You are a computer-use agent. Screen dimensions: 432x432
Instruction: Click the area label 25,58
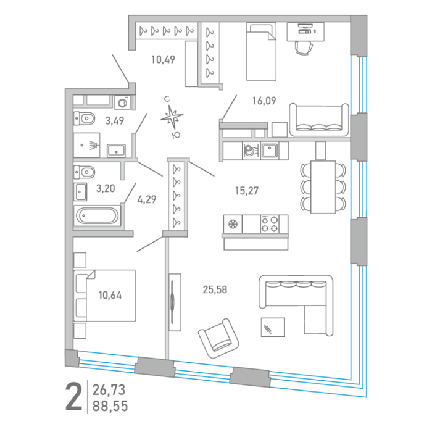[x=215, y=289]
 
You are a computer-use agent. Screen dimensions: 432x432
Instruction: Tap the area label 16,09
[x=264, y=101]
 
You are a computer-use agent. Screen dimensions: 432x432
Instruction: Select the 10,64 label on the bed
[x=110, y=295]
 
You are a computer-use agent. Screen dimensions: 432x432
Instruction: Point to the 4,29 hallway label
[x=147, y=199]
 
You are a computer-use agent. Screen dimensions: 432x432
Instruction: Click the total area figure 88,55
[x=110, y=406]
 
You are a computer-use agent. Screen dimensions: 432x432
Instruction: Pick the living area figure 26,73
[x=109, y=390]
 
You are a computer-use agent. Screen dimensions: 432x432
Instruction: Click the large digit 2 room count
[x=73, y=397]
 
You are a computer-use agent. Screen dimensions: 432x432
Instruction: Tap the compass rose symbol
[x=172, y=117]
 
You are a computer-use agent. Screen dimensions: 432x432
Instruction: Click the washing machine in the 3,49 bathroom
[x=122, y=102]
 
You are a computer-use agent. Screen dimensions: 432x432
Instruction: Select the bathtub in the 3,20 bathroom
[x=98, y=215]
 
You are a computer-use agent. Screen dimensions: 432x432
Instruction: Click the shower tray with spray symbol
[x=87, y=145]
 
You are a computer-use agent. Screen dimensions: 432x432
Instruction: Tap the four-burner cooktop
[x=270, y=224]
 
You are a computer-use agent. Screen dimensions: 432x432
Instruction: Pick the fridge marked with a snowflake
[x=233, y=224]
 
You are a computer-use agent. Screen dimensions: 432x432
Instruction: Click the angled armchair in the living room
[x=218, y=339]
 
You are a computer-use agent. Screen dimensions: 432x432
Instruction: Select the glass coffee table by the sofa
[x=273, y=327]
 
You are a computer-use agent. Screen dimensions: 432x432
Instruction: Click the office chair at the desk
[x=304, y=48]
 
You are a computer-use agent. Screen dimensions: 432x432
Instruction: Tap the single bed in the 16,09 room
[x=261, y=52]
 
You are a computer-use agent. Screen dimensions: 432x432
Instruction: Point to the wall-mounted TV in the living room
[x=173, y=302]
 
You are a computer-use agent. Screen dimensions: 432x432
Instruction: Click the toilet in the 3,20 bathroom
[x=85, y=172]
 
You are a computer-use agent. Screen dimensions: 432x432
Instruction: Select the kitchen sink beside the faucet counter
[x=270, y=151]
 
